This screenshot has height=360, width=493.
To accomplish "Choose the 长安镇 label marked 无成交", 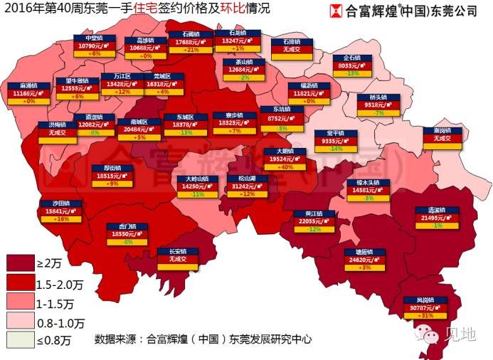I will tap(172, 255).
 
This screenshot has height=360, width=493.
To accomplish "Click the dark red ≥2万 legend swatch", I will tap(20, 263).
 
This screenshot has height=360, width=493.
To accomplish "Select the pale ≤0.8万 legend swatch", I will tap(20, 340).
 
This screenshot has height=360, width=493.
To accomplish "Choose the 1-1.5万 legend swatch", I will tap(20, 302).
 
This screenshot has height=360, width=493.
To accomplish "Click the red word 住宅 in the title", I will tap(147, 11).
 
